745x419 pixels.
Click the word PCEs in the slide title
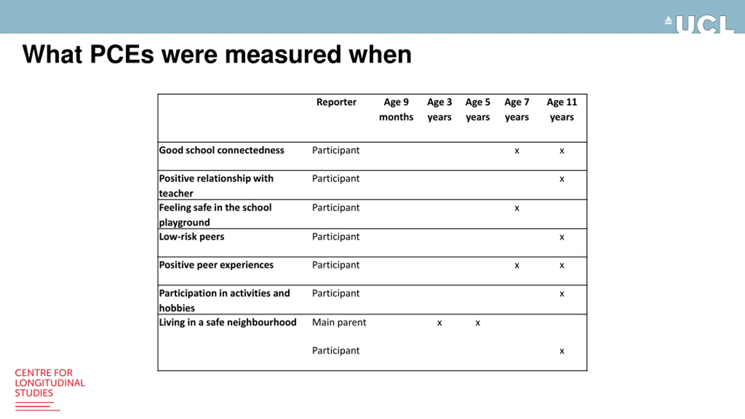tap(122, 54)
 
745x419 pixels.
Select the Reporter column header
tap(336, 102)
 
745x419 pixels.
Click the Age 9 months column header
tap(396, 109)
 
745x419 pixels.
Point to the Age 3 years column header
tap(439, 109)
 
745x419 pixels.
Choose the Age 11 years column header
tap(562, 109)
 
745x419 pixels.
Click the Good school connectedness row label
tap(221, 150)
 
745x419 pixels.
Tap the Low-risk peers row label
tap(191, 237)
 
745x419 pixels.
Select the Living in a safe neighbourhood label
tap(228, 322)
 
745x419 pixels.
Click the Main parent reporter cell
tap(339, 322)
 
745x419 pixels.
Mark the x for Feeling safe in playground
tap(517, 208)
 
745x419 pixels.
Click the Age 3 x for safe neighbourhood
tap(439, 323)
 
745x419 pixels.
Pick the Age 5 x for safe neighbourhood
tap(478, 323)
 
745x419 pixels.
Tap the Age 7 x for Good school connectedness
tap(517, 151)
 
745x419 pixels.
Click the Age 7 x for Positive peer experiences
tap(517, 266)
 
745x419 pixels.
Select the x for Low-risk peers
tap(562, 237)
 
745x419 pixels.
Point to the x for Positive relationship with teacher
tap(562, 179)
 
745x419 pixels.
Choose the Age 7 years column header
tap(517, 109)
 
